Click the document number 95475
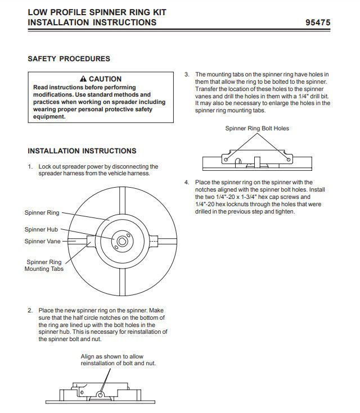pos(317,22)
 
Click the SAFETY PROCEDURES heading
pos(69,58)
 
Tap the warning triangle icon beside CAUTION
pos(83,79)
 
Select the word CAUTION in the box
pos(105,79)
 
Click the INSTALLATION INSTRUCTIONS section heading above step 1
pos(82,151)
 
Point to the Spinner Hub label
pos(42,229)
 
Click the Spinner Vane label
pos(43,241)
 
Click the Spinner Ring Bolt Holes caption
pos(257,128)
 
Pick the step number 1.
pos(30,166)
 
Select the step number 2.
pos(30,310)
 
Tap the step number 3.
pos(187,74)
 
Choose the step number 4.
pos(187,182)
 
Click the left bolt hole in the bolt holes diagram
pos(226,160)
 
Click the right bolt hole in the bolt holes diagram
pos(289,160)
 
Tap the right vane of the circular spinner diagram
pos(159,241)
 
